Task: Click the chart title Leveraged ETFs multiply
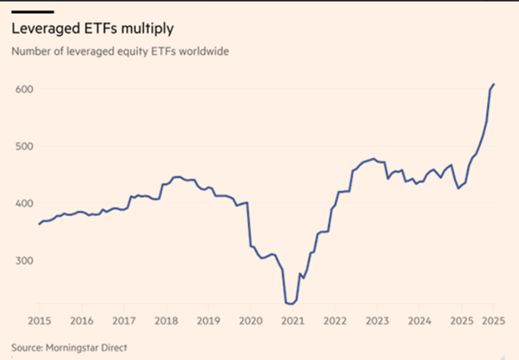pos(92,29)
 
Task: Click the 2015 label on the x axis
pos(39,319)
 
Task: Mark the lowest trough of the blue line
pos(291,304)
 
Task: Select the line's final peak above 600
pos(494,84)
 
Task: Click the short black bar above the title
pos(31,12)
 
